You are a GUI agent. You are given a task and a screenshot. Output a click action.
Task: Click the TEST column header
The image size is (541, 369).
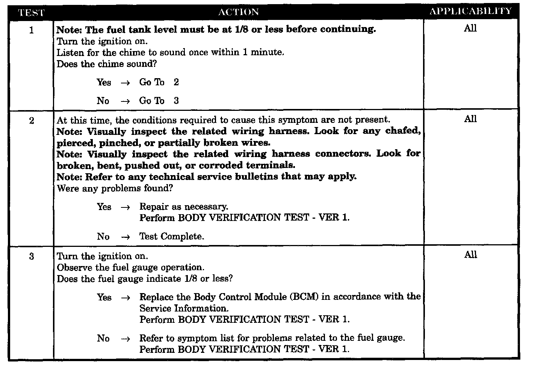click(31, 12)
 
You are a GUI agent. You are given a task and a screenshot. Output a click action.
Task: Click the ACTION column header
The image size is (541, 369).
click(239, 12)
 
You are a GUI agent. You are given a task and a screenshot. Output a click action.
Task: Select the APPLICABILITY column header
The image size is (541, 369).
click(471, 11)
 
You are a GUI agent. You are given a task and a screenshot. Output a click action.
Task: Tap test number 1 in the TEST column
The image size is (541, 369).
click(31, 30)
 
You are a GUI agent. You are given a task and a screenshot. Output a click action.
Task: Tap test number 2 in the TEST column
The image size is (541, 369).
click(31, 121)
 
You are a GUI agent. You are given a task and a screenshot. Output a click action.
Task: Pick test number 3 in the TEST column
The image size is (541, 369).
click(31, 257)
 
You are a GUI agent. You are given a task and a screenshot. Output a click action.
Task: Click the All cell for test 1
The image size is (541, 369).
click(470, 28)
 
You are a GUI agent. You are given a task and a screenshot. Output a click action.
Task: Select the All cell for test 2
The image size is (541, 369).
click(470, 119)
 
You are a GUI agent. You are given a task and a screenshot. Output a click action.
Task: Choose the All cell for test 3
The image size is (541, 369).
click(470, 255)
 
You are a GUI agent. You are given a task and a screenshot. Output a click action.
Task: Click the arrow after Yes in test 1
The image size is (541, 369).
click(125, 83)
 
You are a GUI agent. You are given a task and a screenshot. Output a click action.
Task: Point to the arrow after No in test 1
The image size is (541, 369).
click(125, 101)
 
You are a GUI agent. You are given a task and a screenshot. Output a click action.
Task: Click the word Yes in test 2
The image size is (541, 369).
click(104, 207)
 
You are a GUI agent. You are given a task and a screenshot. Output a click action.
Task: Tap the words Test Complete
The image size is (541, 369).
click(172, 236)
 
